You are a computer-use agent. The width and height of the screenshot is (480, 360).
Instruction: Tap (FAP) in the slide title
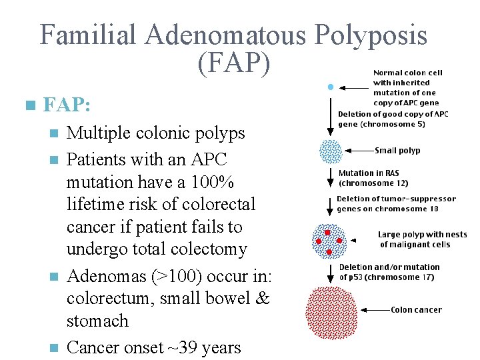[234, 63]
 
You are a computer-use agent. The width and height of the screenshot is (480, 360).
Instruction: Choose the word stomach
[97, 321]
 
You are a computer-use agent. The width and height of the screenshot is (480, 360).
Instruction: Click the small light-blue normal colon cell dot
[330, 87]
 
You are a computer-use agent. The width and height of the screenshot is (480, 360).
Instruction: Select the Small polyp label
[397, 151]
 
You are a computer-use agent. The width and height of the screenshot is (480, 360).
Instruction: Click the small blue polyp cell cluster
[330, 151]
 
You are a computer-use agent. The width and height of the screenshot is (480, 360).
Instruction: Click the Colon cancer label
[416, 309]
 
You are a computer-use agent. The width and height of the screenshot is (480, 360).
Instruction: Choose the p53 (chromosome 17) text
[393, 277]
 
